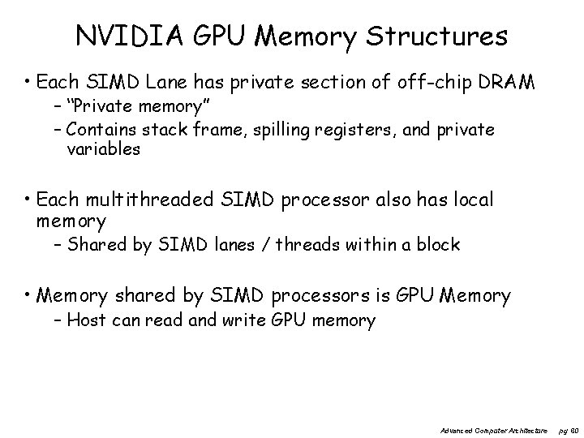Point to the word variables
(104, 149)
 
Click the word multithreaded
(149, 200)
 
